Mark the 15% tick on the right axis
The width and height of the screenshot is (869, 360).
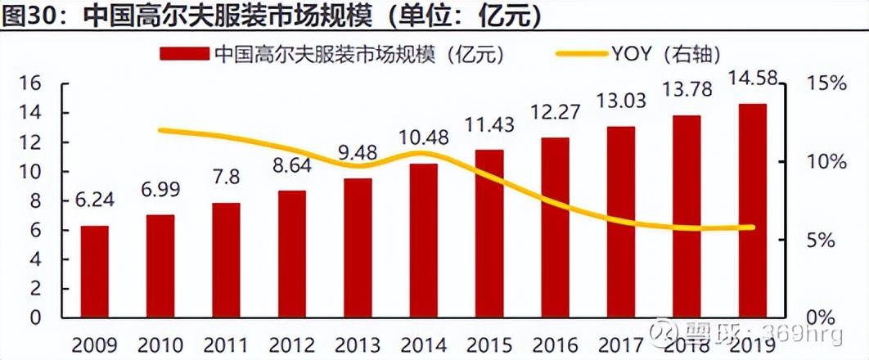tap(826, 84)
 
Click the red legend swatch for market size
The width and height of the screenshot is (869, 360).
tap(185, 54)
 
